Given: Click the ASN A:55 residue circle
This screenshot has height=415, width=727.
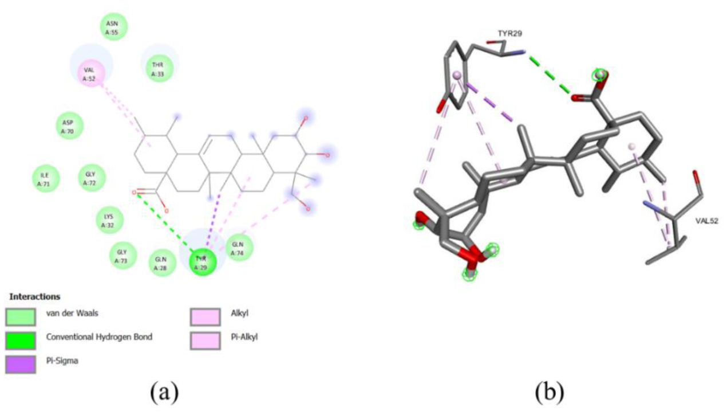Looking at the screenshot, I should [113, 26].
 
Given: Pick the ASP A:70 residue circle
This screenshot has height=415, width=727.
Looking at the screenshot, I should [69, 126].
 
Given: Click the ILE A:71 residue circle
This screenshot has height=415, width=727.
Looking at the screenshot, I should [45, 178].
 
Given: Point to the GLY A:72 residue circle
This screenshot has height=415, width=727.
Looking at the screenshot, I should [89, 178].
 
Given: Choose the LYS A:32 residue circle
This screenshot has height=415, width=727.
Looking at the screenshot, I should [109, 221].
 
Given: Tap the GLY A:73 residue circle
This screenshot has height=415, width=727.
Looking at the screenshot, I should [123, 256].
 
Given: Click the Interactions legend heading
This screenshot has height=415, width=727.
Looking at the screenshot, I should [34, 297].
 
